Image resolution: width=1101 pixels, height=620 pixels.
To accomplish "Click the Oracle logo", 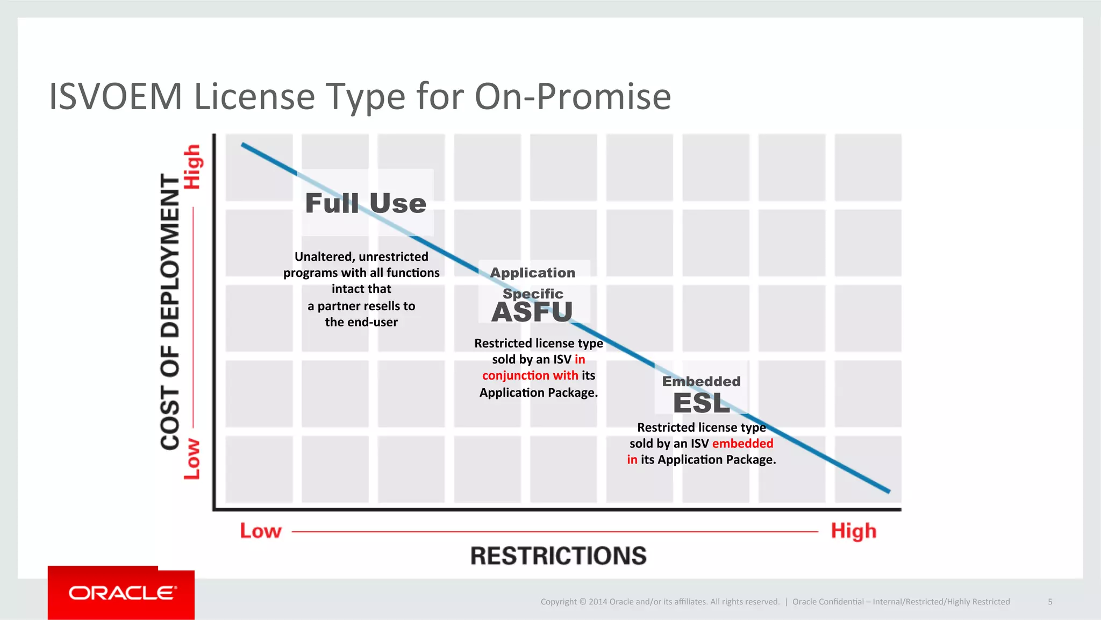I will point(121,593).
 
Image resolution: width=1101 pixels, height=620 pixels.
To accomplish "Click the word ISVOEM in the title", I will point(116,97).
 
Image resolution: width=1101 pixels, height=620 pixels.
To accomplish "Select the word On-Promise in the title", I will point(573,97).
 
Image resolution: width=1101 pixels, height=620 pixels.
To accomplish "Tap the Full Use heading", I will point(366,203).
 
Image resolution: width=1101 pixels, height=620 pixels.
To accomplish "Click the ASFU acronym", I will point(532,312).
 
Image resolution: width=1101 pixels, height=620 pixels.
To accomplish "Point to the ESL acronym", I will point(701,403).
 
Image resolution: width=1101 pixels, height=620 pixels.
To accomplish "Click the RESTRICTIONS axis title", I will point(558,556).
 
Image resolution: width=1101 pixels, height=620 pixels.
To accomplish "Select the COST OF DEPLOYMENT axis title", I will point(170,312).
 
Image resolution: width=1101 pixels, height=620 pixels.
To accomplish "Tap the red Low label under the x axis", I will point(260,531).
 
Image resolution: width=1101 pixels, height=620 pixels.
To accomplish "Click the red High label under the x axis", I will point(853,531).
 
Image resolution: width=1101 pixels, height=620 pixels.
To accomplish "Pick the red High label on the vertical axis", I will point(192,167).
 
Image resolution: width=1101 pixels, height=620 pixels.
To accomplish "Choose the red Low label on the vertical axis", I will point(192,459).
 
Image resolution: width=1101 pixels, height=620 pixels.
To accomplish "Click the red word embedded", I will point(742,444).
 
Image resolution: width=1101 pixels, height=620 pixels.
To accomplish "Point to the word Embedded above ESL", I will point(701,381).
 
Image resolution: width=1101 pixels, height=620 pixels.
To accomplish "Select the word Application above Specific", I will point(532,273).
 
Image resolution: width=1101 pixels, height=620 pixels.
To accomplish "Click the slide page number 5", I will point(1050,602).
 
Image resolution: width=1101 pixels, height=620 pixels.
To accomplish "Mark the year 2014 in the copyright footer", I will point(598,602).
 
